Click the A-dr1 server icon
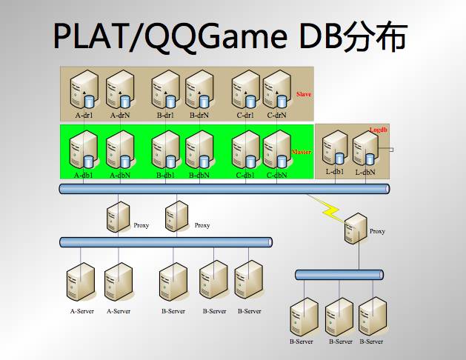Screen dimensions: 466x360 pyautogui.click(x=83, y=90)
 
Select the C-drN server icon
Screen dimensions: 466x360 pyautogui.click(x=276, y=90)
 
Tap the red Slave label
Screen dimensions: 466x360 pyautogui.click(x=303, y=95)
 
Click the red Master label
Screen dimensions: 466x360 pyautogui.click(x=302, y=152)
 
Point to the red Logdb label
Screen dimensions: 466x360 pyautogui.click(x=379, y=129)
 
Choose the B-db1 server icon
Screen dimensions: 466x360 pyautogui.click(x=165, y=151)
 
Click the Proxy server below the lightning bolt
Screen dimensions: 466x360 pyautogui.click(x=356, y=228)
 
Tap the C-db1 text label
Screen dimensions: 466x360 pyautogui.click(x=245, y=176)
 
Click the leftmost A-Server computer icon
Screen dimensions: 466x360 pyautogui.click(x=80, y=282)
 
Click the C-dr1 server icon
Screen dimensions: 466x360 pyautogui.click(x=245, y=90)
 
